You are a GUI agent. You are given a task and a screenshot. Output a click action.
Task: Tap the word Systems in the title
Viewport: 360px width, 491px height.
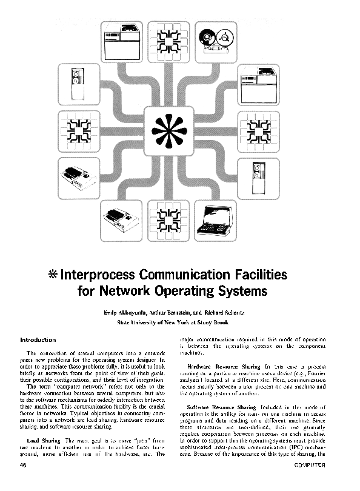pos(242,290)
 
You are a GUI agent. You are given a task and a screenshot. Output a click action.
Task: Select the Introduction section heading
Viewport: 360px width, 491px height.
pos(38,340)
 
